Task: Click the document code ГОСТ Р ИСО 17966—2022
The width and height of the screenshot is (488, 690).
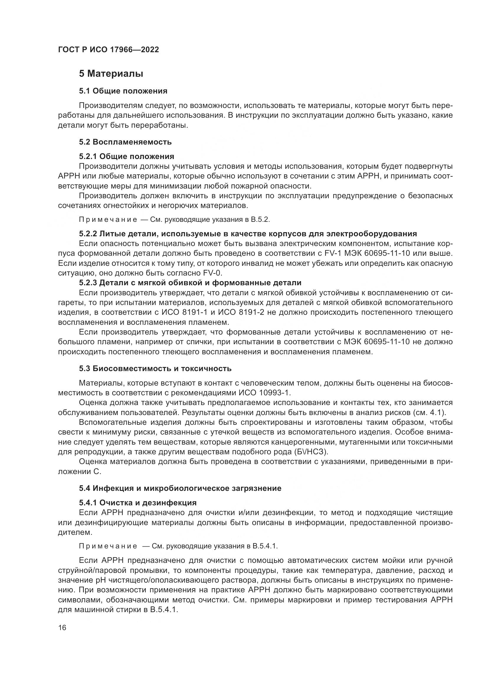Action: click(x=109, y=50)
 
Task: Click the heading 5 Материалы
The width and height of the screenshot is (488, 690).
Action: click(x=111, y=74)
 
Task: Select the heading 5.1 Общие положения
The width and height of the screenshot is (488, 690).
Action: click(x=123, y=91)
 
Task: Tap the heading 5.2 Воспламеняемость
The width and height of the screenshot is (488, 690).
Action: click(x=125, y=142)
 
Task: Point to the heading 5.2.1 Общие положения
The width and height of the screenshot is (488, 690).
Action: click(x=127, y=156)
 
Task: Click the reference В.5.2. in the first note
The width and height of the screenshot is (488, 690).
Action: click(x=261, y=219)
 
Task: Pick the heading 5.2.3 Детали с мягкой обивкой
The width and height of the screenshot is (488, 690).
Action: click(x=190, y=283)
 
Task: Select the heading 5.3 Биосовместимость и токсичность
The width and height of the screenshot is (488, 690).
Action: click(x=155, y=368)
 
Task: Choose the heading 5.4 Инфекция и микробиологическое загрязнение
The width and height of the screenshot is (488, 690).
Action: click(x=180, y=488)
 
